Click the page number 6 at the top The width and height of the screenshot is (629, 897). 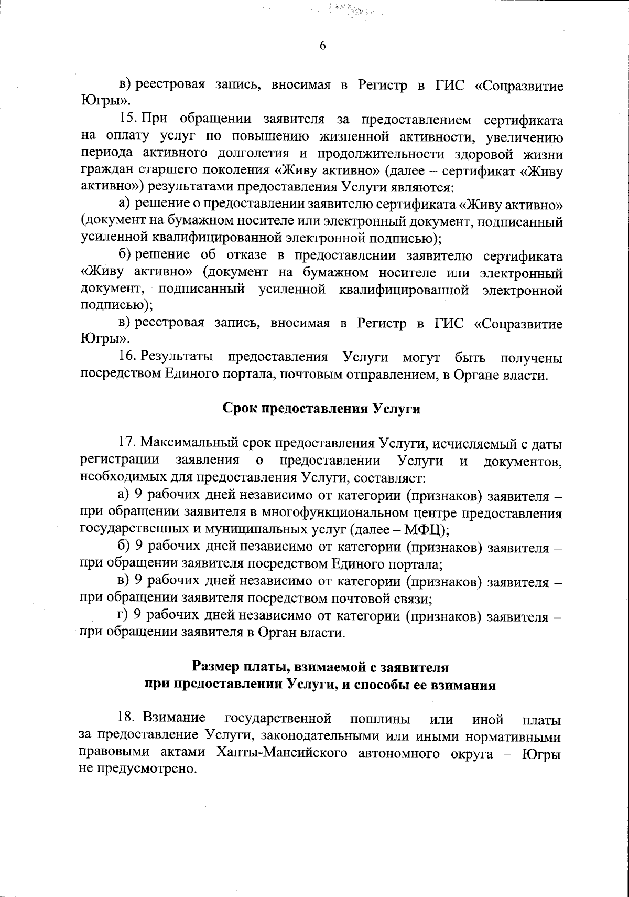click(x=323, y=46)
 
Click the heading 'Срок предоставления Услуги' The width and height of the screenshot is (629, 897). click(x=322, y=409)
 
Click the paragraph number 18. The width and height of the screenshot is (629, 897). click(x=127, y=718)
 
